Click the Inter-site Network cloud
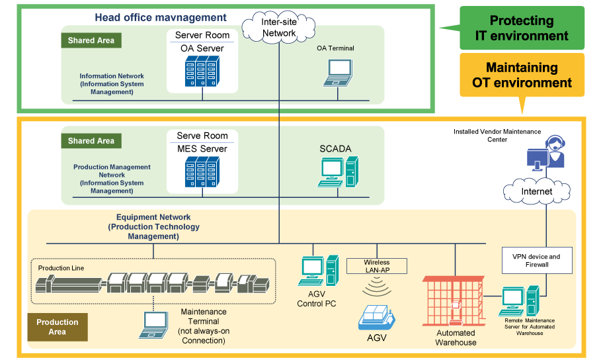click(278, 27)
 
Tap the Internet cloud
click(536, 191)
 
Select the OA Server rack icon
click(202, 73)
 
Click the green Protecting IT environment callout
click(522, 28)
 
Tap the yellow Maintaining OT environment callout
click(522, 75)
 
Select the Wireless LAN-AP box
click(376, 266)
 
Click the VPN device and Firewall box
click(536, 261)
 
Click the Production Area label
click(58, 327)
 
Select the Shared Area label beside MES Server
click(91, 141)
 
